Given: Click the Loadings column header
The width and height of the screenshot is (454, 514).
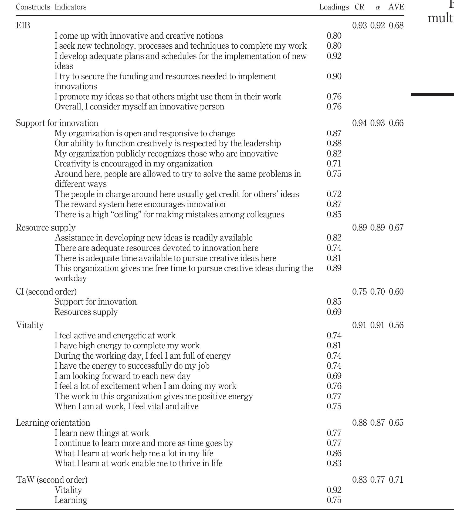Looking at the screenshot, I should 334,7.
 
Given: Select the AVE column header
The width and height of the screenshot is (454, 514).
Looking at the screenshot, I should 396,7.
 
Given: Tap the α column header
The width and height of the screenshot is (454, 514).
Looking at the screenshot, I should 378,8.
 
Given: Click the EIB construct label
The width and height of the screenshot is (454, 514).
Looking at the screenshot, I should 23,25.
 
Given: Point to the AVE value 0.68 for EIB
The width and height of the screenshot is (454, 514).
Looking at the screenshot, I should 396,25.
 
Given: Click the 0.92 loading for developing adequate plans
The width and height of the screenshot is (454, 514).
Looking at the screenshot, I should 334,56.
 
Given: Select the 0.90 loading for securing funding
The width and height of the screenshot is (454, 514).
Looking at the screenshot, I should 334,76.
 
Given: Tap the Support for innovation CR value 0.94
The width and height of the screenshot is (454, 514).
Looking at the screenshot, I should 360,123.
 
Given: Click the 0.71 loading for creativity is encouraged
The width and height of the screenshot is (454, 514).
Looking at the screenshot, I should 334,164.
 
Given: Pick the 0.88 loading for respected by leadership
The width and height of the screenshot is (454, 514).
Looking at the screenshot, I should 334,143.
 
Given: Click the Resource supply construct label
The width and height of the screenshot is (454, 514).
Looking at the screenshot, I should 46,228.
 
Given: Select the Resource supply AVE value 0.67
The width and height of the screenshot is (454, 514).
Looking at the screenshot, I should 396,228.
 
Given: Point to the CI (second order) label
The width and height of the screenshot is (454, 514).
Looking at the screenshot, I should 46,292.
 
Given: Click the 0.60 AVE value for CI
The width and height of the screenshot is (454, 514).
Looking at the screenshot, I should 396,292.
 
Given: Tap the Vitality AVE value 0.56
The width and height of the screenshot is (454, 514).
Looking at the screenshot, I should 396,325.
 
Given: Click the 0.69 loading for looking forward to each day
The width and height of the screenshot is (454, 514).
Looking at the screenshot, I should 334,376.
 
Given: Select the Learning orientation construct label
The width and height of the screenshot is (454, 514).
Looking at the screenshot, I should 53,423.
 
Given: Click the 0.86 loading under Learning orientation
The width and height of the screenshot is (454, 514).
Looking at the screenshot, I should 334,453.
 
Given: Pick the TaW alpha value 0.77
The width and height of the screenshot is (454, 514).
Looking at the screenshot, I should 378,480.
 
